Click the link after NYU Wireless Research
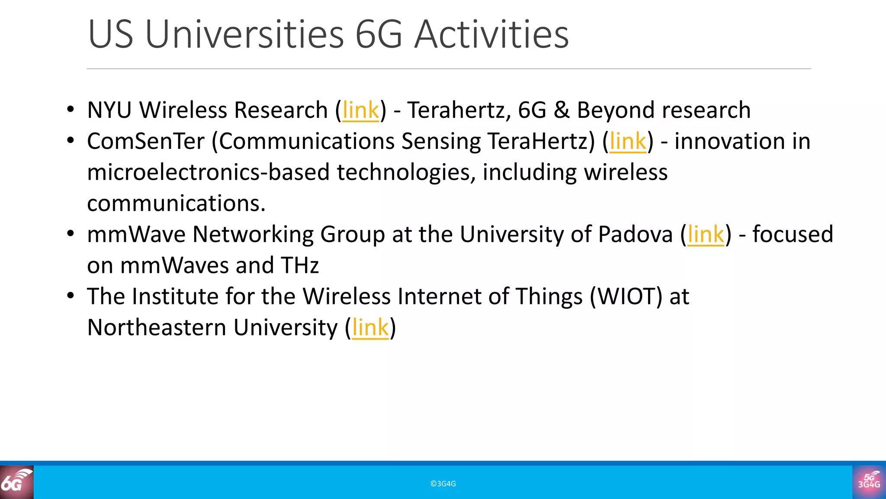[x=360, y=110]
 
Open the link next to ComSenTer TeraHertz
[x=627, y=142]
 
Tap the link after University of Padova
[x=706, y=235]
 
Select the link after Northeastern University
[x=370, y=328]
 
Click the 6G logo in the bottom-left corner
[x=16, y=482]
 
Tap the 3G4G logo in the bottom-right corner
[x=869, y=482]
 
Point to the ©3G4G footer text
[x=443, y=484]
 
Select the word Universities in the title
[x=244, y=34]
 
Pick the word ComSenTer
[x=145, y=142]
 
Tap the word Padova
[x=635, y=235]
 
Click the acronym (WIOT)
[x=626, y=297]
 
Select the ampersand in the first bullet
[x=562, y=110]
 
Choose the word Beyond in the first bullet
[x=615, y=110]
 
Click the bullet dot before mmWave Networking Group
[x=71, y=234]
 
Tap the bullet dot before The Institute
[x=71, y=296]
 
